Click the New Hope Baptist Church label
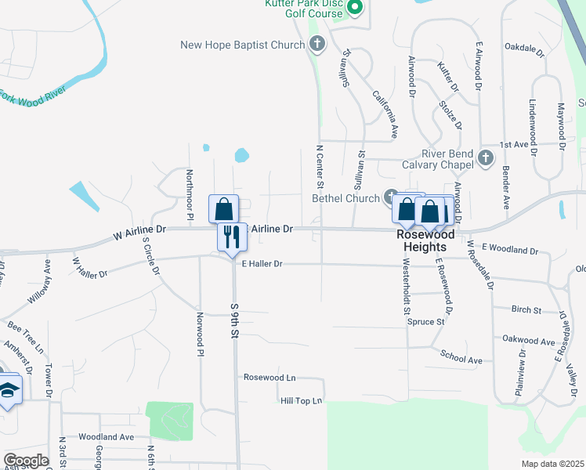[x=242, y=45]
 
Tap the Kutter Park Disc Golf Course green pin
[x=354, y=9]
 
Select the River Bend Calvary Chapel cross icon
[x=486, y=158]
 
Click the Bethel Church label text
[x=345, y=198]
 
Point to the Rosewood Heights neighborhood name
[x=425, y=240]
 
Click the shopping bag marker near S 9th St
[x=224, y=209]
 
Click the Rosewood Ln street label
[x=270, y=378]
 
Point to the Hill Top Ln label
[x=302, y=401]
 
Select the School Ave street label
[x=461, y=359]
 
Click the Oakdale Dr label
[x=524, y=49]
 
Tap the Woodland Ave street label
[x=107, y=436]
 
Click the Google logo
[x=26, y=461]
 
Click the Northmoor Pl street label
[x=190, y=194]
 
